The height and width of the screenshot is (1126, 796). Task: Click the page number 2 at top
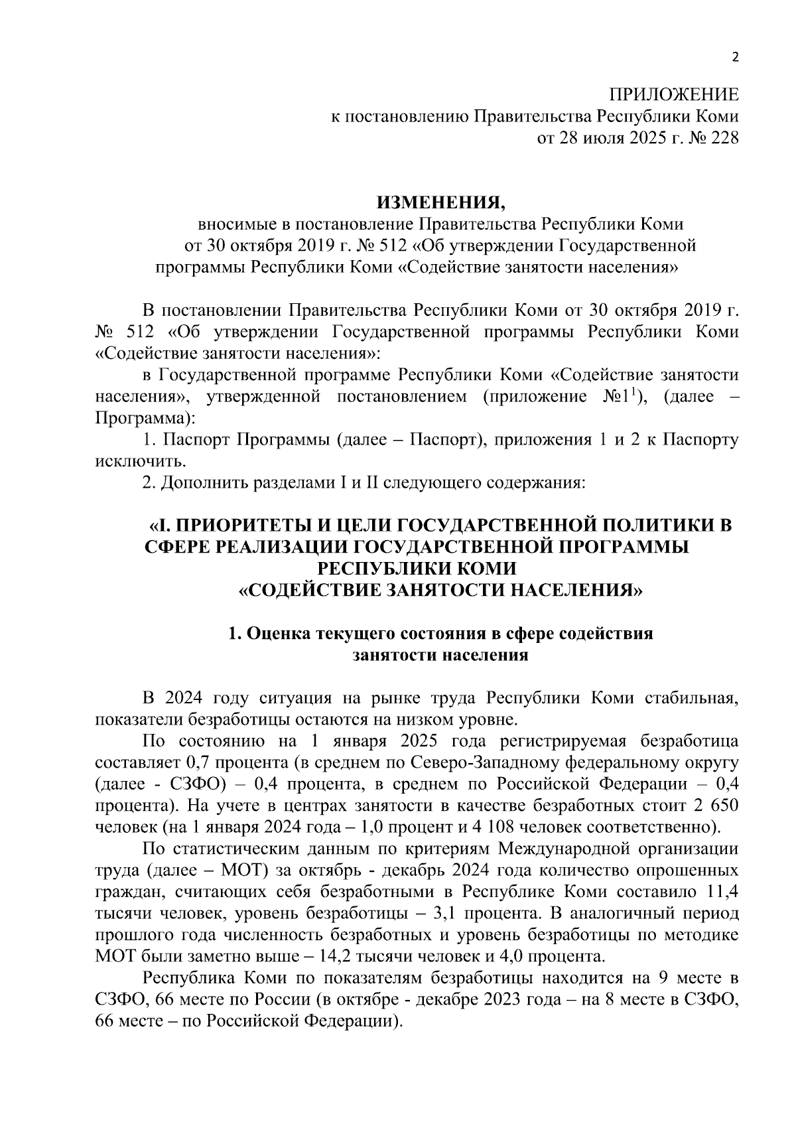coord(734,57)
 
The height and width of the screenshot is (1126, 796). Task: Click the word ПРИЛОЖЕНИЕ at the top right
coord(674,95)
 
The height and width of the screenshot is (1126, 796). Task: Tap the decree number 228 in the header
coord(724,138)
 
